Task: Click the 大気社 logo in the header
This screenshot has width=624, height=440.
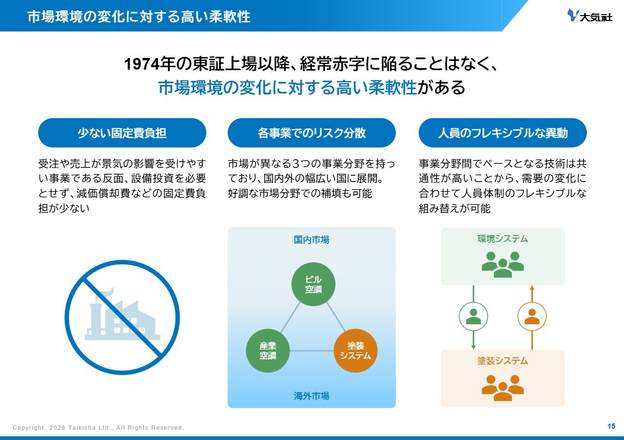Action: [x=589, y=16]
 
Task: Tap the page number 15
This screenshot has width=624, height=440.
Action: [x=611, y=426]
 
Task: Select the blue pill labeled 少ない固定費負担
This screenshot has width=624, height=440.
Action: [x=122, y=133]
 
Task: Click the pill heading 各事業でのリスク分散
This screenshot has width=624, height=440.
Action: [x=312, y=133]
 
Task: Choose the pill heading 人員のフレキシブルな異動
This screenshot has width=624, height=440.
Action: [x=503, y=133]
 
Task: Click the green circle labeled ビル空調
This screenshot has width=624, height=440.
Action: [x=313, y=284]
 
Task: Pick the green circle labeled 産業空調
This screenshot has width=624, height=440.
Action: [x=268, y=351]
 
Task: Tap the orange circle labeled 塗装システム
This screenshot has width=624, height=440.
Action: [x=355, y=351]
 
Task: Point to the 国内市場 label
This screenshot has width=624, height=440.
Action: [x=312, y=240]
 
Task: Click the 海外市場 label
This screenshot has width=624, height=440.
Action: [x=312, y=396]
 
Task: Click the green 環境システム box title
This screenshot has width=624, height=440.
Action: [x=503, y=239]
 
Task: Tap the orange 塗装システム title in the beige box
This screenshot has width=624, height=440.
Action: [x=503, y=361]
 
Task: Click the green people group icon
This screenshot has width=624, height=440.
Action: [x=503, y=264]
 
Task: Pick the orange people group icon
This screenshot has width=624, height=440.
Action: [x=503, y=387]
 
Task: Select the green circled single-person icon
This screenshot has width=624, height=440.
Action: [x=473, y=317]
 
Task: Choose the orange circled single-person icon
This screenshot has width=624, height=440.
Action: [x=532, y=317]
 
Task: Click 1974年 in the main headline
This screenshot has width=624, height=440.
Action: [x=147, y=65]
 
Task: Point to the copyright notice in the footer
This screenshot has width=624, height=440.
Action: [x=98, y=428]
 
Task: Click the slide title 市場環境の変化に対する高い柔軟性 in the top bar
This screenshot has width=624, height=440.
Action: [x=139, y=17]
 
